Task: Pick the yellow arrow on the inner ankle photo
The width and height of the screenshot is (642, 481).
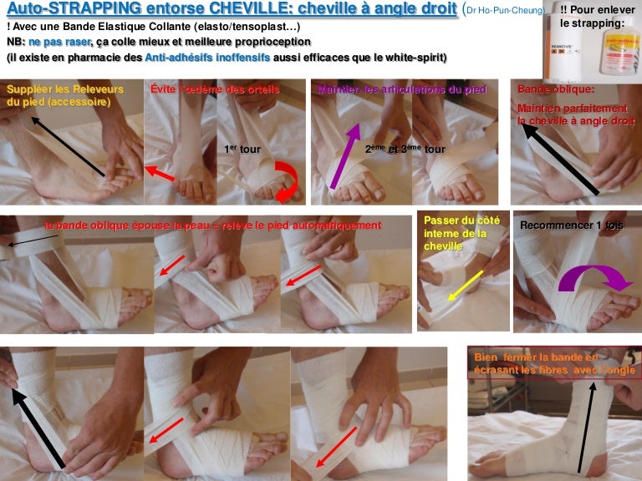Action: (465, 284)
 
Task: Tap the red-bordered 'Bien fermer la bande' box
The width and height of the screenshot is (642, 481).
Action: (551, 364)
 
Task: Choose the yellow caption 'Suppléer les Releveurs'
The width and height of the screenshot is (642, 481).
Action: (65, 95)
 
